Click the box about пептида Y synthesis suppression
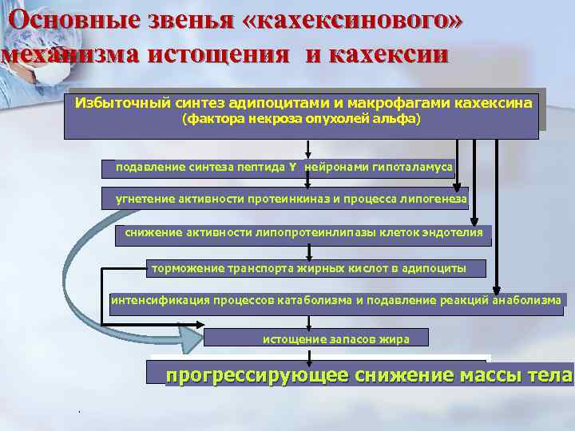tap(278, 168)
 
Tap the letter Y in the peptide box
tap(292, 168)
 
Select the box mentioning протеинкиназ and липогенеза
tap(286, 198)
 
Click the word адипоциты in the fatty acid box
tap(434, 268)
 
